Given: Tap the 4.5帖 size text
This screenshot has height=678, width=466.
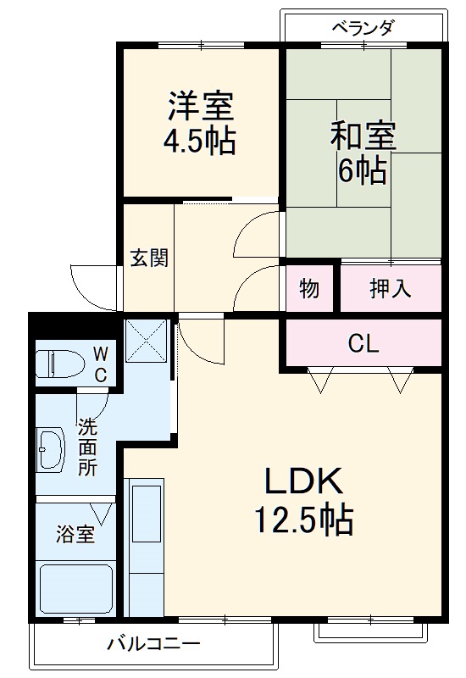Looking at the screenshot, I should (x=200, y=141).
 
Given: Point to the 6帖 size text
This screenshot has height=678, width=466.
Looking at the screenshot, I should (x=363, y=171).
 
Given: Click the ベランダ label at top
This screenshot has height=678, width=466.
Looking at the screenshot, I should (x=362, y=27).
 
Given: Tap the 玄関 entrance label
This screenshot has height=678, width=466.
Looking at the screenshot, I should (x=148, y=258).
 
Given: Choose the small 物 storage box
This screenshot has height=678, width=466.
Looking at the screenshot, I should (x=309, y=289).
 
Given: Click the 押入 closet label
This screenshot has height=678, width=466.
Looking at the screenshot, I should (x=391, y=289).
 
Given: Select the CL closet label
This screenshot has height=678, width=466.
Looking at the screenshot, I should (x=363, y=344).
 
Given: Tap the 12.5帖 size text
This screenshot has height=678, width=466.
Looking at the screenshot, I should (x=304, y=520).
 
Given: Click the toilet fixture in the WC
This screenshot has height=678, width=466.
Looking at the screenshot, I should (x=59, y=364).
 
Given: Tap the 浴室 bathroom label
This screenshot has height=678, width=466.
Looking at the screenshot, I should (x=75, y=535).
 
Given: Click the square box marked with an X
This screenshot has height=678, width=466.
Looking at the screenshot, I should (x=147, y=340).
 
